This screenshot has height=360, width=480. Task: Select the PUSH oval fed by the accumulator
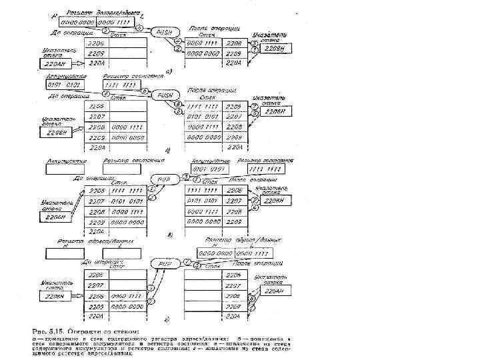[x=163, y=95]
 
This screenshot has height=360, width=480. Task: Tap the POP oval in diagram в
[x=161, y=179]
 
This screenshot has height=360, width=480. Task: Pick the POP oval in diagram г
[x=163, y=264]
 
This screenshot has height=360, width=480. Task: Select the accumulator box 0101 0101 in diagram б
[x=64, y=86]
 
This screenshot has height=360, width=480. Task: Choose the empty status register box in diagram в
[x=121, y=169]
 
